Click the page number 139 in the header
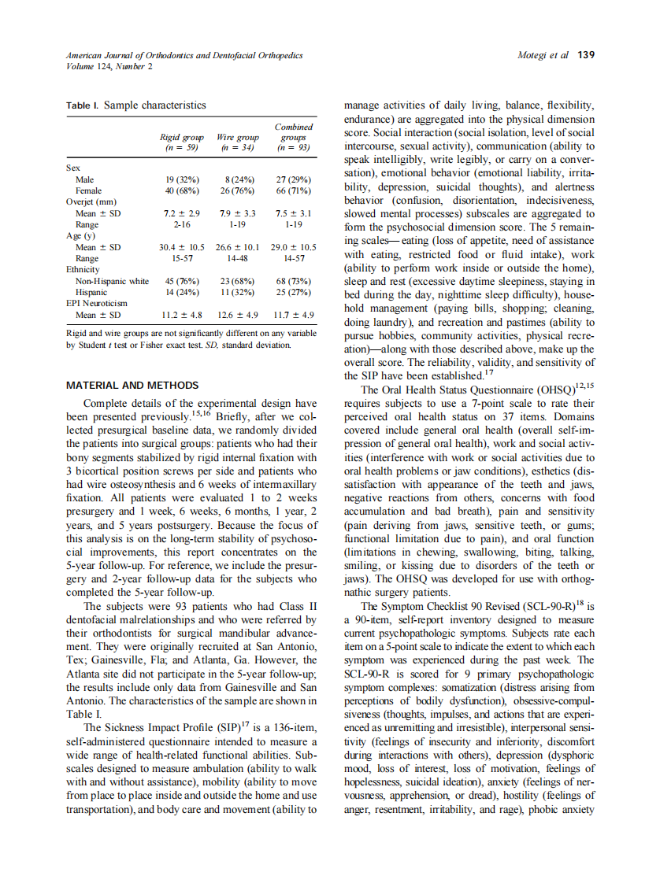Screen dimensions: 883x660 (586, 55)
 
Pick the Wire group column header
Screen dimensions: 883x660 (237, 142)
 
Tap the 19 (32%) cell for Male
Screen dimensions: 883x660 (181, 179)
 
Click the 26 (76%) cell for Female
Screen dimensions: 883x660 (237, 190)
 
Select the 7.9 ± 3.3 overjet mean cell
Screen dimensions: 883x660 (237, 213)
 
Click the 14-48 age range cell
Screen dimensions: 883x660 (237, 258)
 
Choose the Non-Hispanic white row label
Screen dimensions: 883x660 (112, 280)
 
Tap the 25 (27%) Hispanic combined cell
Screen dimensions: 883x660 (293, 291)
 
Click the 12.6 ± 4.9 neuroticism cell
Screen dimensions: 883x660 (237, 315)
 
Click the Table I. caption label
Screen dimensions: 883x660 (82, 105)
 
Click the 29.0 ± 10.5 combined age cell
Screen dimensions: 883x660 (293, 247)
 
